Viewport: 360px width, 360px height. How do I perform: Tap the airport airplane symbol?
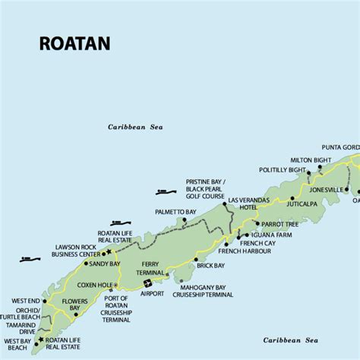click(x=147, y=285)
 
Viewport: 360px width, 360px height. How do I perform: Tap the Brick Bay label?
click(x=210, y=265)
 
